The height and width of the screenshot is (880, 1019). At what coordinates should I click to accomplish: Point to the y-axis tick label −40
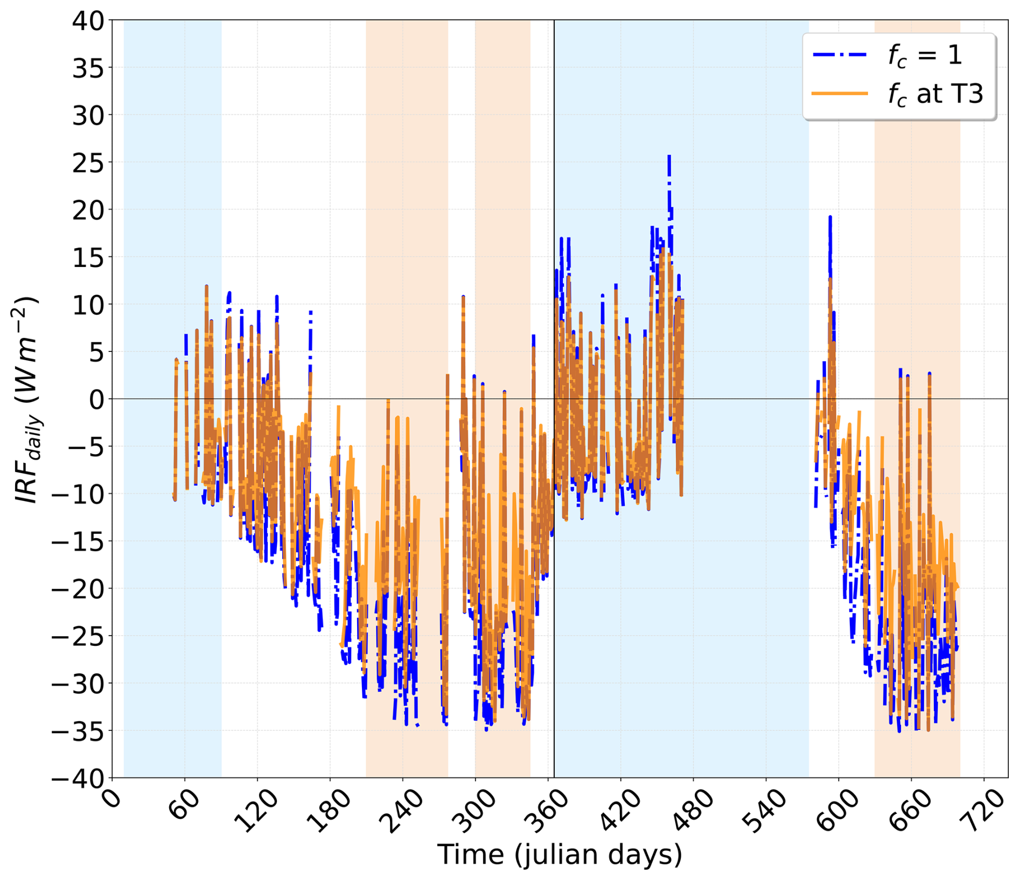tap(79, 778)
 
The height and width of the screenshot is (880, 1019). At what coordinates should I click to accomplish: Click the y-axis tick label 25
tap(89, 163)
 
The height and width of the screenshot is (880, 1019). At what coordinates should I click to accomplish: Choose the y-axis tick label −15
tap(79, 541)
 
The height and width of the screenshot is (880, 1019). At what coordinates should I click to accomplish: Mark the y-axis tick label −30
tap(79, 683)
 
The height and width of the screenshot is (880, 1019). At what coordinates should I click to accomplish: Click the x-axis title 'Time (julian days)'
tap(560, 855)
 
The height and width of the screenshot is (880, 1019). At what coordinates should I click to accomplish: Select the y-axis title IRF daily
tap(26, 399)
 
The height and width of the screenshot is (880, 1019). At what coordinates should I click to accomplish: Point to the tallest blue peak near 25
tap(669, 156)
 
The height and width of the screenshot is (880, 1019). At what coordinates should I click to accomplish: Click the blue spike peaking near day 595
tap(830, 217)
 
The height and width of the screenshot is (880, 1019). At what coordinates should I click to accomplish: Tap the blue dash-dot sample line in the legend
tap(840, 55)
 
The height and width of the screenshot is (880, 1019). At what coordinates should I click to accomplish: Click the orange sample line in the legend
tap(840, 94)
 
